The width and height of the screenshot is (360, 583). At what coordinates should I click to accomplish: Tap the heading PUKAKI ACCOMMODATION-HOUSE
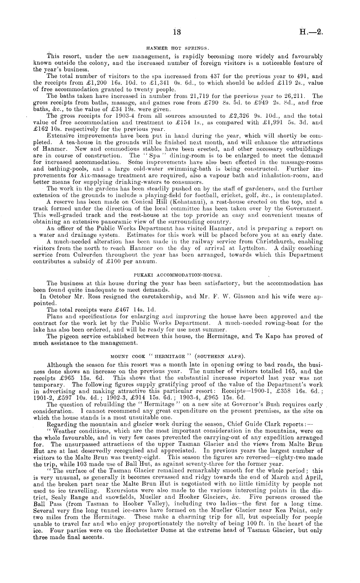click(x=177, y=275)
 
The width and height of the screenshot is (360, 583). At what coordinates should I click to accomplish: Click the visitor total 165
click(x=287, y=371)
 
